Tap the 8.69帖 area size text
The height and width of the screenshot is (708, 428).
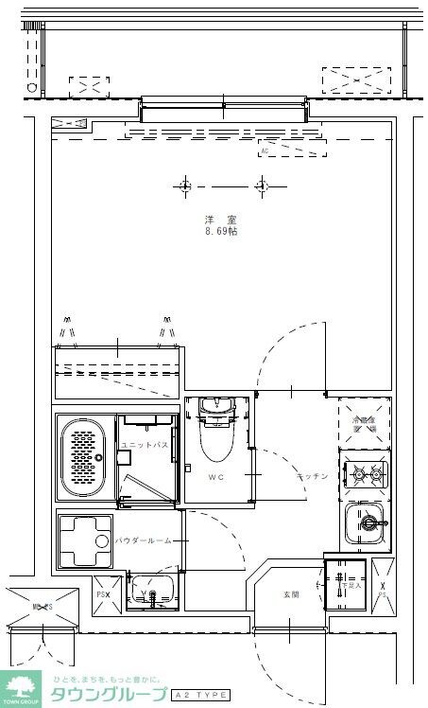pos(220,231)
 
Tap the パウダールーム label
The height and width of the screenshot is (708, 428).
pos(144,540)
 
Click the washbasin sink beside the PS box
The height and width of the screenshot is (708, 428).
pos(151,589)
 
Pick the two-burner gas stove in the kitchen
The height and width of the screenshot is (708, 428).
pos(365,472)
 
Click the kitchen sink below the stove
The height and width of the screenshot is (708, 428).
pos(365,521)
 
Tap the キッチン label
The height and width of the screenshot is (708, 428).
pos(311,476)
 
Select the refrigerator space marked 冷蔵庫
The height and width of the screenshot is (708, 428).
pos(365,425)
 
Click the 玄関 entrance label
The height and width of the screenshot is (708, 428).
pos(290,594)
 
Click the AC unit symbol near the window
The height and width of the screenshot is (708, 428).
pos(291,149)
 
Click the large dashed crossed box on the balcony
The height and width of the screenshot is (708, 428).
pos(356,80)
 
